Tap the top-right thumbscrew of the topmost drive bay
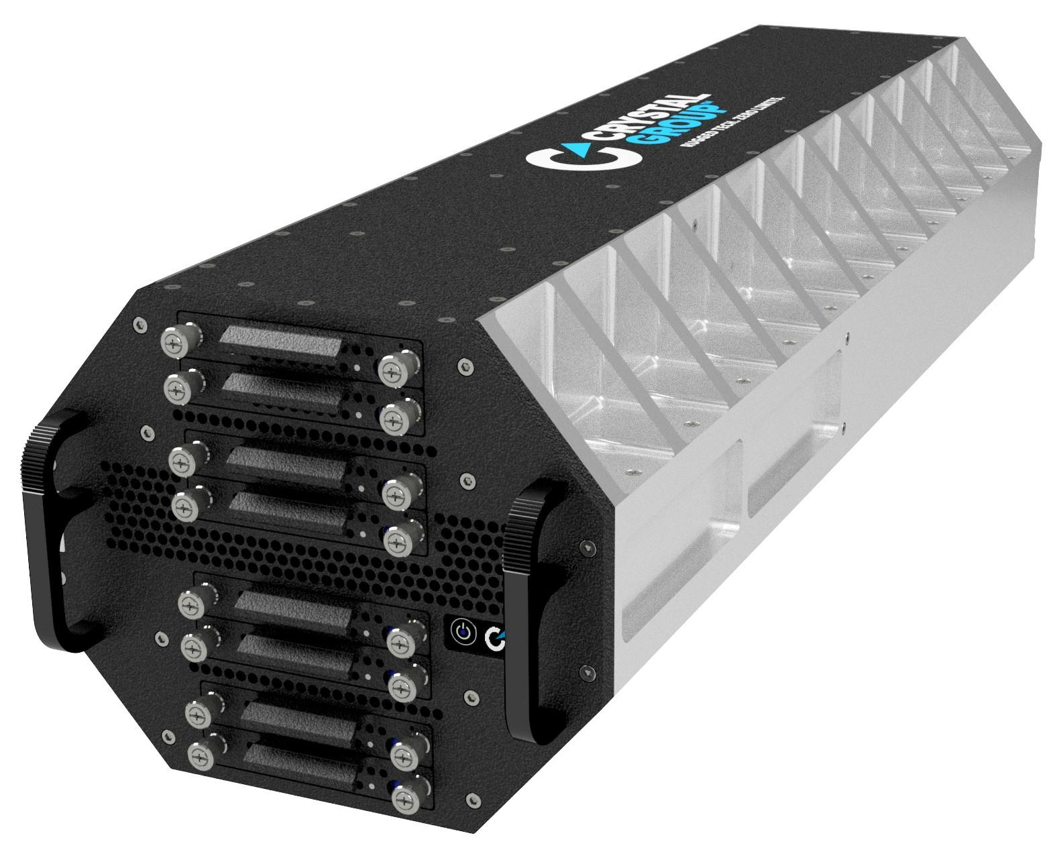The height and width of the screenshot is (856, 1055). coord(390,370)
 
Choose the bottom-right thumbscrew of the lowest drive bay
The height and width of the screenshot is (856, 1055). coord(406,800)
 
